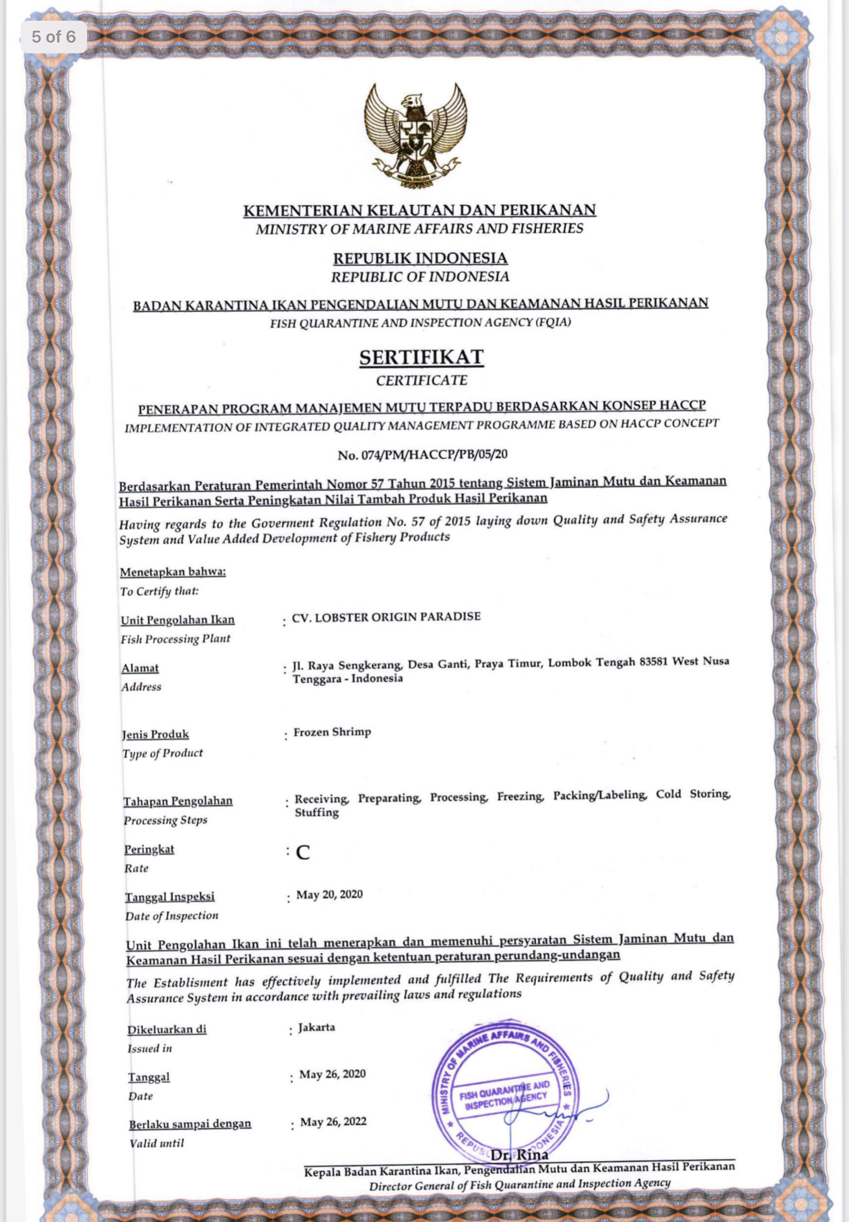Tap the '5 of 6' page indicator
click(54, 37)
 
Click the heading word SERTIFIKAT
click(421, 357)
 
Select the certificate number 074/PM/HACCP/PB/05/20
click(422, 454)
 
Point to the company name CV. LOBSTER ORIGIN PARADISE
click(386, 617)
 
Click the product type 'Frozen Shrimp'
click(332, 732)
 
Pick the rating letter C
click(303, 852)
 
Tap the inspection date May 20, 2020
click(329, 894)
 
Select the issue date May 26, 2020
click(332, 1073)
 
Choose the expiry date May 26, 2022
click(333, 1122)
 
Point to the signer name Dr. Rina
click(519, 1155)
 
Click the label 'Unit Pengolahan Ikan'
click(178, 620)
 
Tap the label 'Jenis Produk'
click(155, 735)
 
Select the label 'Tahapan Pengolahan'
click(178, 801)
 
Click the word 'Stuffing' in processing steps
click(317, 812)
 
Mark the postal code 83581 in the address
click(650, 662)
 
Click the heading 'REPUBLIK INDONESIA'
click(420, 258)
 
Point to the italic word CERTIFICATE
click(421, 381)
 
